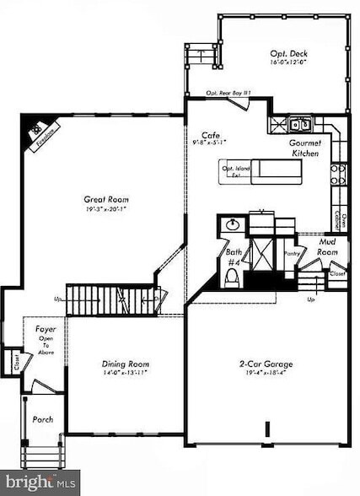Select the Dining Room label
point(124,364)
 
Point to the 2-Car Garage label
point(266,364)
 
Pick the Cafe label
point(211,135)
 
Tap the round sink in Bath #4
point(233,224)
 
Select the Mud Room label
point(328,246)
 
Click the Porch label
point(42,419)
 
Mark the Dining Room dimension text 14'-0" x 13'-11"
point(124,373)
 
